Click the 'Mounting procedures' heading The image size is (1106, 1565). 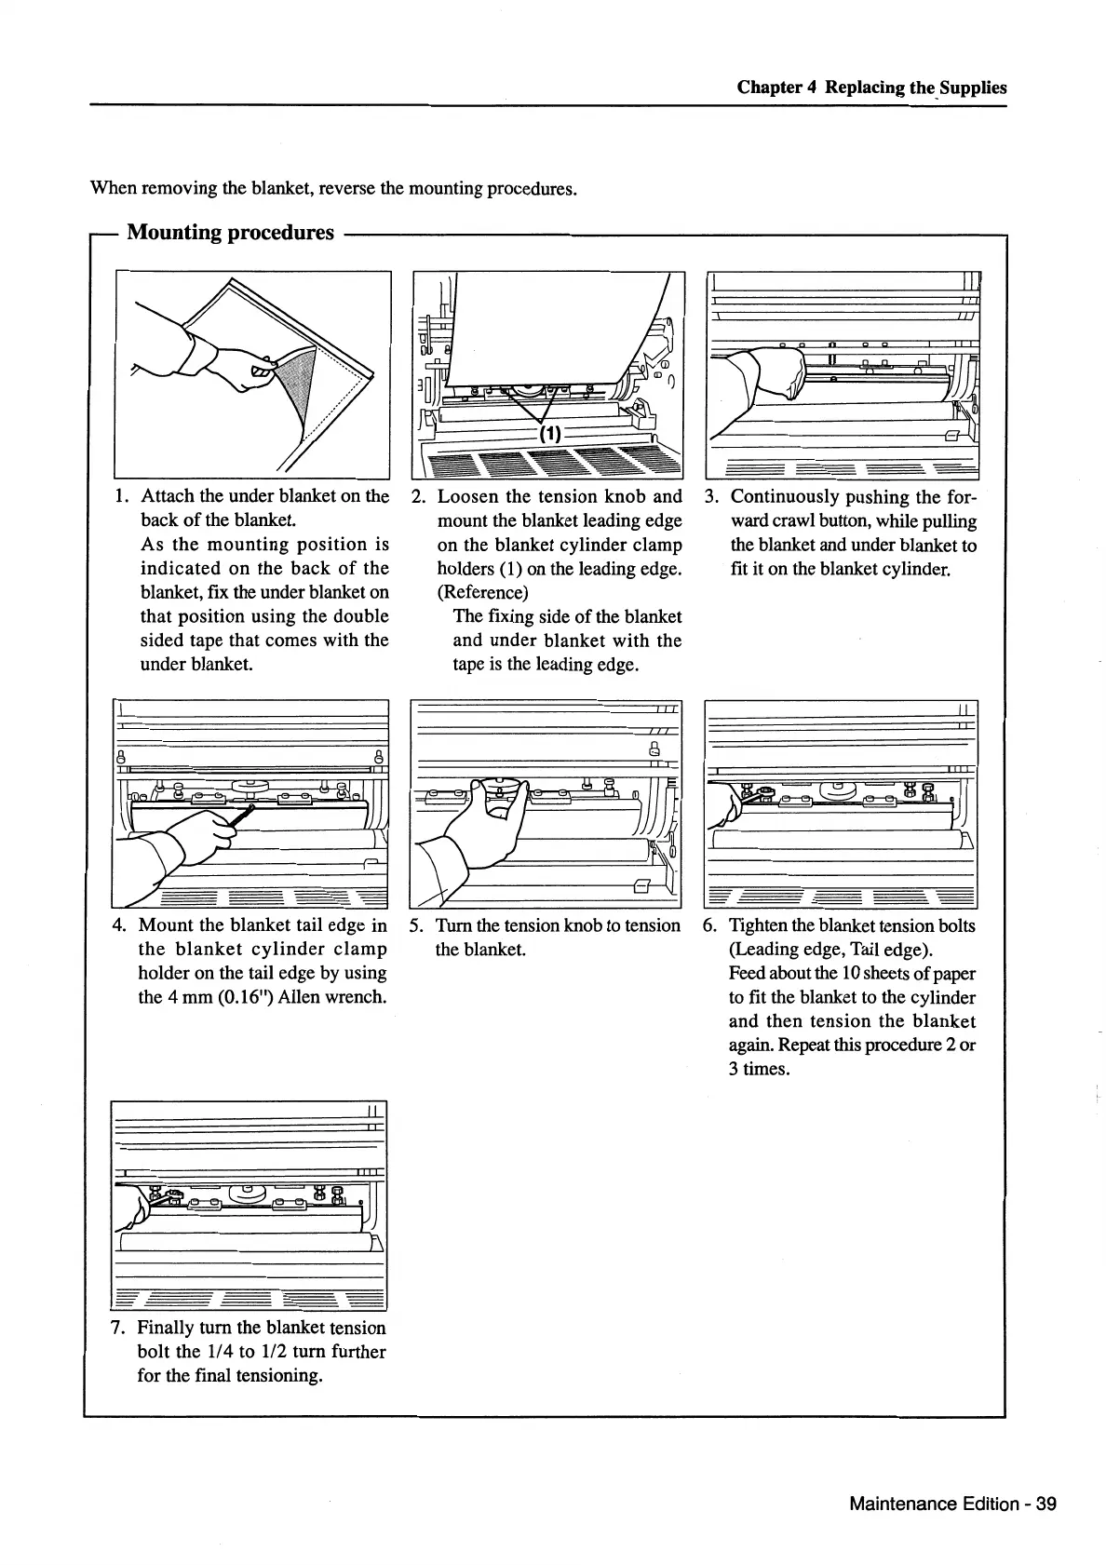click(230, 233)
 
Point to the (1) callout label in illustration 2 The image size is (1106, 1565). click(550, 434)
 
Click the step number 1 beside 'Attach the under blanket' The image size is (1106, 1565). click(120, 497)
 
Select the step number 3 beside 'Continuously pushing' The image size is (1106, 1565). click(710, 497)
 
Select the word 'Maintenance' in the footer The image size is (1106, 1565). click(903, 1504)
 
